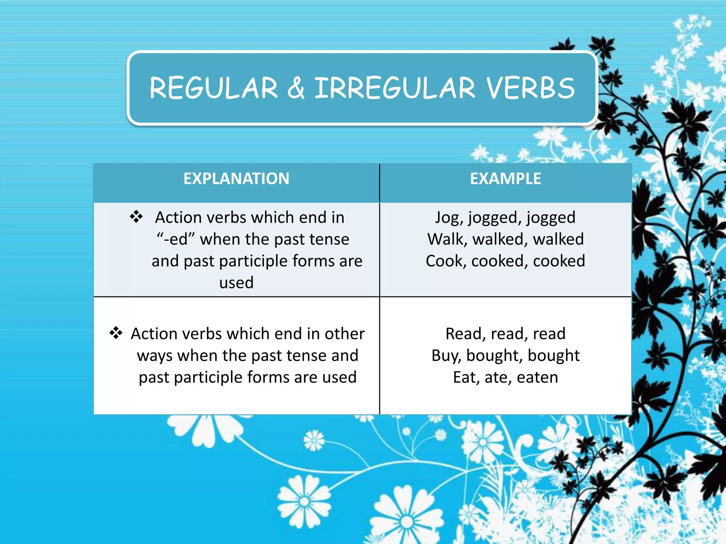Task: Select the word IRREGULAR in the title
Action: coord(395,88)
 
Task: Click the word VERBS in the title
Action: coord(531,88)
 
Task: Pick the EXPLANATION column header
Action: coord(236,178)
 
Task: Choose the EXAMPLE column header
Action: coord(506,178)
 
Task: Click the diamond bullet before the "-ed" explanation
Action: coord(136,216)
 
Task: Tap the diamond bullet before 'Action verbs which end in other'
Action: coord(116,333)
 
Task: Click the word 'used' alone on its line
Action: coord(236,283)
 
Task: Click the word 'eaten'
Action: coord(537,378)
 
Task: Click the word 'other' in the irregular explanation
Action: coord(345,334)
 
